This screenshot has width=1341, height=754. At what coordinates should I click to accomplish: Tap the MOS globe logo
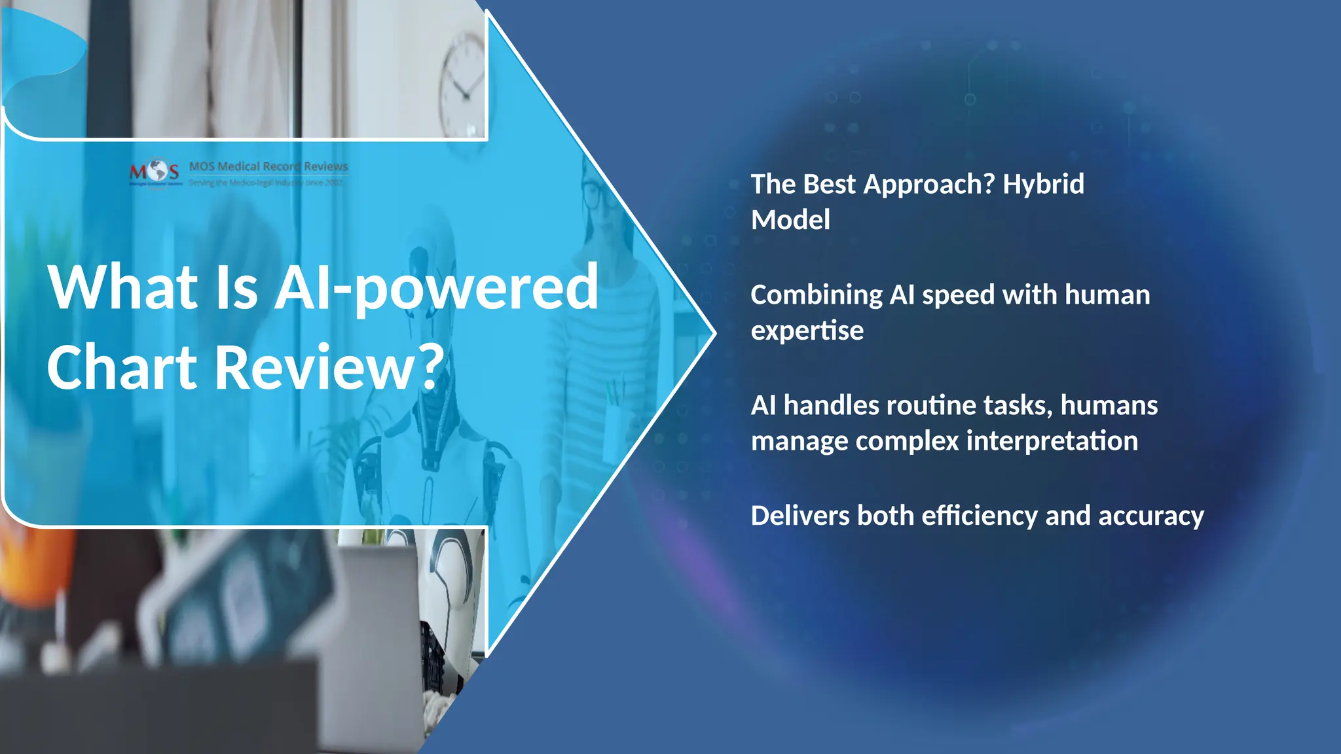[155, 171]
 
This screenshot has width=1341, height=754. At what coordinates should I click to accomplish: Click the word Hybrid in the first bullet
[1043, 185]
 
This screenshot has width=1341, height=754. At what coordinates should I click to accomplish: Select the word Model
[790, 220]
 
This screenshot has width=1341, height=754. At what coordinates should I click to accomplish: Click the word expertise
[807, 331]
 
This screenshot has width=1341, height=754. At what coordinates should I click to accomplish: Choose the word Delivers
[799, 516]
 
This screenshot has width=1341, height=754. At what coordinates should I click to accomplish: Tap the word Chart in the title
[122, 367]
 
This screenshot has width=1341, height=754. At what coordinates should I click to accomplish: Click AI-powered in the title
[435, 288]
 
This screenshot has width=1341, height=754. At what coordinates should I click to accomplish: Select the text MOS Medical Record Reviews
[268, 166]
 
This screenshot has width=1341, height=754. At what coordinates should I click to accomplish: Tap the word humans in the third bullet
[1109, 406]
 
